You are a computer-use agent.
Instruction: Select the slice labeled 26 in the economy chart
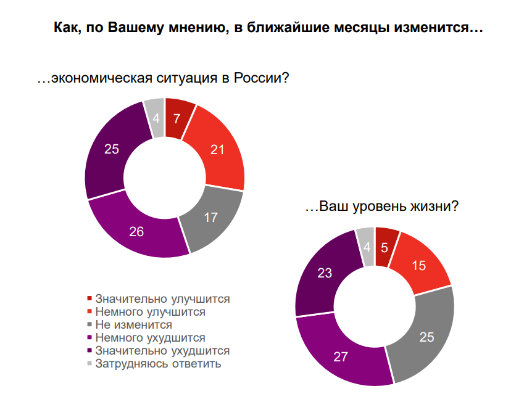click(137, 231)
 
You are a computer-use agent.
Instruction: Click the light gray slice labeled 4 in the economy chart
click(156, 118)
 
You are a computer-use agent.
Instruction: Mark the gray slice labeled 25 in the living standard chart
click(426, 336)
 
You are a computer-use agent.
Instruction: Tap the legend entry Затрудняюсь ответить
click(158, 364)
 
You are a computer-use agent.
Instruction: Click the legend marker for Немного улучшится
click(89, 311)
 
